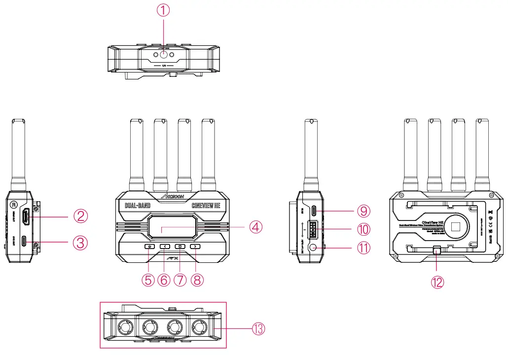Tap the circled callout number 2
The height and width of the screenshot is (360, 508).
(x=81, y=216)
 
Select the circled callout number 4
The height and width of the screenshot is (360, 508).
(x=255, y=227)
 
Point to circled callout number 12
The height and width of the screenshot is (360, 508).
(x=437, y=282)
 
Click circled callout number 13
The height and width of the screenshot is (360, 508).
(x=258, y=328)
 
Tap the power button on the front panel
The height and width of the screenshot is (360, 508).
(x=149, y=246)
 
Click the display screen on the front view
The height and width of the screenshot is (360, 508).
(x=172, y=227)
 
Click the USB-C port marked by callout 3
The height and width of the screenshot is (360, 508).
(x=36, y=243)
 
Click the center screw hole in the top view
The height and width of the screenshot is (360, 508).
(x=164, y=55)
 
